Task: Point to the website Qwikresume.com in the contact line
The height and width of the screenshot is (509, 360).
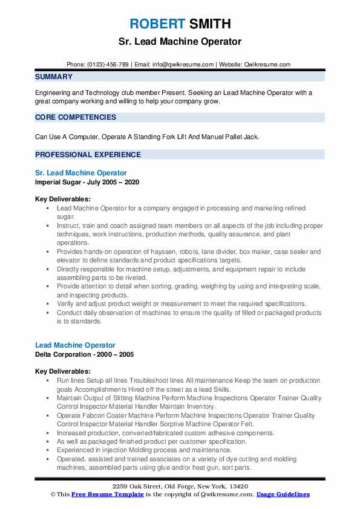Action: point(267,64)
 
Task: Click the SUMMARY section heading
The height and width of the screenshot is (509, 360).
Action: point(54,77)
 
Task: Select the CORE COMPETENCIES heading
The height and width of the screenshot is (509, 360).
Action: point(76,117)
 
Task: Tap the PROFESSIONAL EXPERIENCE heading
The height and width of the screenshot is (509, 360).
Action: point(88,154)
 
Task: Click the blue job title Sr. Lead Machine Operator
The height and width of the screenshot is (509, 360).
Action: point(81,173)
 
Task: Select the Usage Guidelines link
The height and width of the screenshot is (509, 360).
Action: point(283,494)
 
